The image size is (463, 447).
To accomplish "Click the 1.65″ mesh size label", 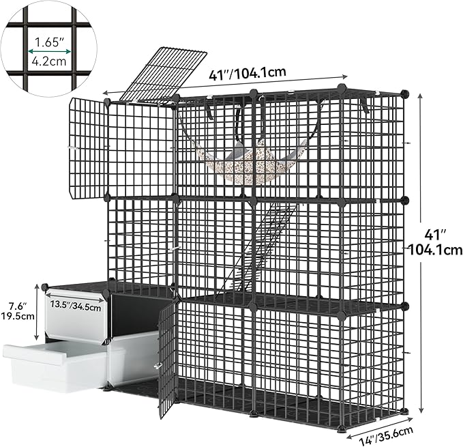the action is [49, 42].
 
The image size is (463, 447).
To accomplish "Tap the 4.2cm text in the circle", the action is [49, 61].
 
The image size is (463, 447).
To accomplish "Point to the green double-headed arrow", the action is [49, 52].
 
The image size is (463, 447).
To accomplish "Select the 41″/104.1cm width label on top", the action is [248, 74].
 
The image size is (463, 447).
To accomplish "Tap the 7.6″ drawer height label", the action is [18, 306].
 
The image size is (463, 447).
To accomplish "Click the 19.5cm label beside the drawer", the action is [18, 316].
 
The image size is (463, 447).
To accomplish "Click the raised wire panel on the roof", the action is [163, 74].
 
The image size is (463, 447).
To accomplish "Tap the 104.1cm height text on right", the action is [435, 250].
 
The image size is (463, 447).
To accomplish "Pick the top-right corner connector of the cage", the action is [406, 94].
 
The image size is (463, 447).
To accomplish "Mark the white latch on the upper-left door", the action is [72, 147].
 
